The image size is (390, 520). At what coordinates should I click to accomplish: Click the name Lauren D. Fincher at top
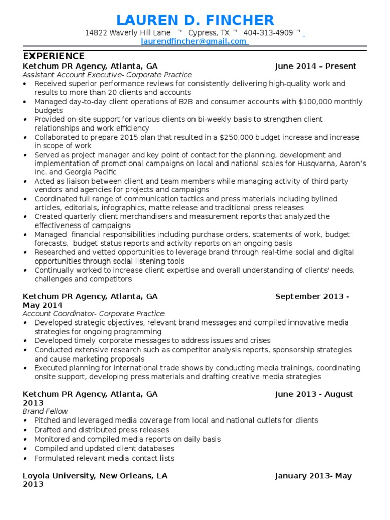point(195,20)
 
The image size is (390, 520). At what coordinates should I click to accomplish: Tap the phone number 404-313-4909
point(269,33)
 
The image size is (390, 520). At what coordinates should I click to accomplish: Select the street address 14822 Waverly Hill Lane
point(127,33)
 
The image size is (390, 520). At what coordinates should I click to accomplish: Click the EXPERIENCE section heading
point(54,56)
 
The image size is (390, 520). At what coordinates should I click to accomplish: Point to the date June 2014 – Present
point(315,66)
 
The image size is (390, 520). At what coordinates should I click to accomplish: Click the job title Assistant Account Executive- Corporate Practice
point(107,75)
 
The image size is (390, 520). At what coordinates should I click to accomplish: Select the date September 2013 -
point(312,296)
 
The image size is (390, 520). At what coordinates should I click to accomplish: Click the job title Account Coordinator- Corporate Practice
point(93,314)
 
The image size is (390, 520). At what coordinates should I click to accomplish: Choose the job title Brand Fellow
point(45,411)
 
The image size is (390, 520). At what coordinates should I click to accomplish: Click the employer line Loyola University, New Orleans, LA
point(95,476)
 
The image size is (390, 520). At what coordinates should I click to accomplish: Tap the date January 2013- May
point(313,476)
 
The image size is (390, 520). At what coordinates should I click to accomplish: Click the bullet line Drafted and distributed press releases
point(94,430)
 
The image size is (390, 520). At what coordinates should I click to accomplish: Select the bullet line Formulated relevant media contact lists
point(104,458)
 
